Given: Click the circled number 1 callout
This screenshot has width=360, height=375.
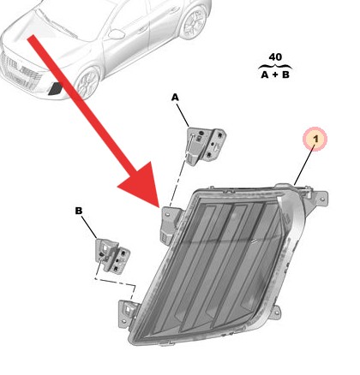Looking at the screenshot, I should click(x=315, y=138).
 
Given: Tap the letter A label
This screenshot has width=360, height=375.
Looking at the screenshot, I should click(x=175, y=98).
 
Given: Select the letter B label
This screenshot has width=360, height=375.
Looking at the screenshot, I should click(x=78, y=210).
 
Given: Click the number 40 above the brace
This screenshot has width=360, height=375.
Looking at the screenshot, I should click(x=274, y=57).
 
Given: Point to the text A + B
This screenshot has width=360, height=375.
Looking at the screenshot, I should click(x=274, y=74).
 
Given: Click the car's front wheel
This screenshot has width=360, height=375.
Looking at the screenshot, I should click(x=87, y=83).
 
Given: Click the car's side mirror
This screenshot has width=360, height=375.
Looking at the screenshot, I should click(x=113, y=35).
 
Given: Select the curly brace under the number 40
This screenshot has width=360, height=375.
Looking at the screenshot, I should click(x=274, y=65).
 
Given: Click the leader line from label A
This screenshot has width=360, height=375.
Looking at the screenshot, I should click(x=183, y=114).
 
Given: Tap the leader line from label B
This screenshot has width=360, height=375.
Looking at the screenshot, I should click(x=90, y=225).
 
